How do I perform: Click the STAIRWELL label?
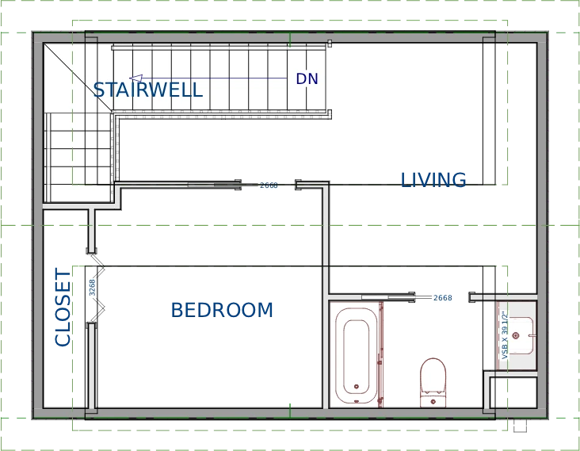[x=147, y=90]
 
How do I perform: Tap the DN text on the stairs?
[x=307, y=79]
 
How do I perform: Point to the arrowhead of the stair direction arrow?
[x=135, y=78]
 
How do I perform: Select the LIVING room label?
[x=433, y=180]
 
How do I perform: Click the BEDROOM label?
[x=222, y=309]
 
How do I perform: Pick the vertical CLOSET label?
[x=63, y=308]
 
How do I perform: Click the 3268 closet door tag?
[x=92, y=287]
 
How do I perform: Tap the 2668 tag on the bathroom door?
[x=442, y=298]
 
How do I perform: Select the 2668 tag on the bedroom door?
[x=269, y=185]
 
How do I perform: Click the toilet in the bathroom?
[x=433, y=379]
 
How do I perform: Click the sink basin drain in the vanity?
[x=516, y=336]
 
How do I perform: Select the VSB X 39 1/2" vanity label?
[x=504, y=335]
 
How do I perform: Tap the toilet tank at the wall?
[x=433, y=400]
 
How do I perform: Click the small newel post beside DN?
[x=330, y=46]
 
